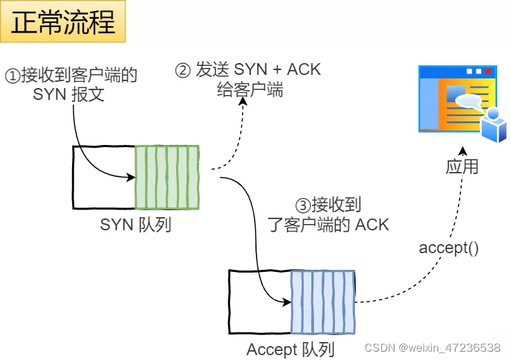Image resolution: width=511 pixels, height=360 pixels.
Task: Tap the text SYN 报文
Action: coord(69,94)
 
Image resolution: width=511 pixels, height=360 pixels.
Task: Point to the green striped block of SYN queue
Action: coord(167,177)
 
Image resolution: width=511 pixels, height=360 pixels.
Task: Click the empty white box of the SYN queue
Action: coord(103,177)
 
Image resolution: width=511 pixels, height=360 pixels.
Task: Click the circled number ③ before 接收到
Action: coord(302,205)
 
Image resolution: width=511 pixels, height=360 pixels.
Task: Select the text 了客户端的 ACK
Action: coord(328,224)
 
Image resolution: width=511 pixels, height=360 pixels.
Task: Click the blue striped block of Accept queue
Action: coord(323,302)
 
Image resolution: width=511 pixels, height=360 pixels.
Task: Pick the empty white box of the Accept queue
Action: coord(259,302)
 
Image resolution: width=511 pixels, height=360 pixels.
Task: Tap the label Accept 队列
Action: coord(291,350)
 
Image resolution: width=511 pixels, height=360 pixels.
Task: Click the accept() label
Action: coord(449,248)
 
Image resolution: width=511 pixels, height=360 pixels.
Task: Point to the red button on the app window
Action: coord(488,71)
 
